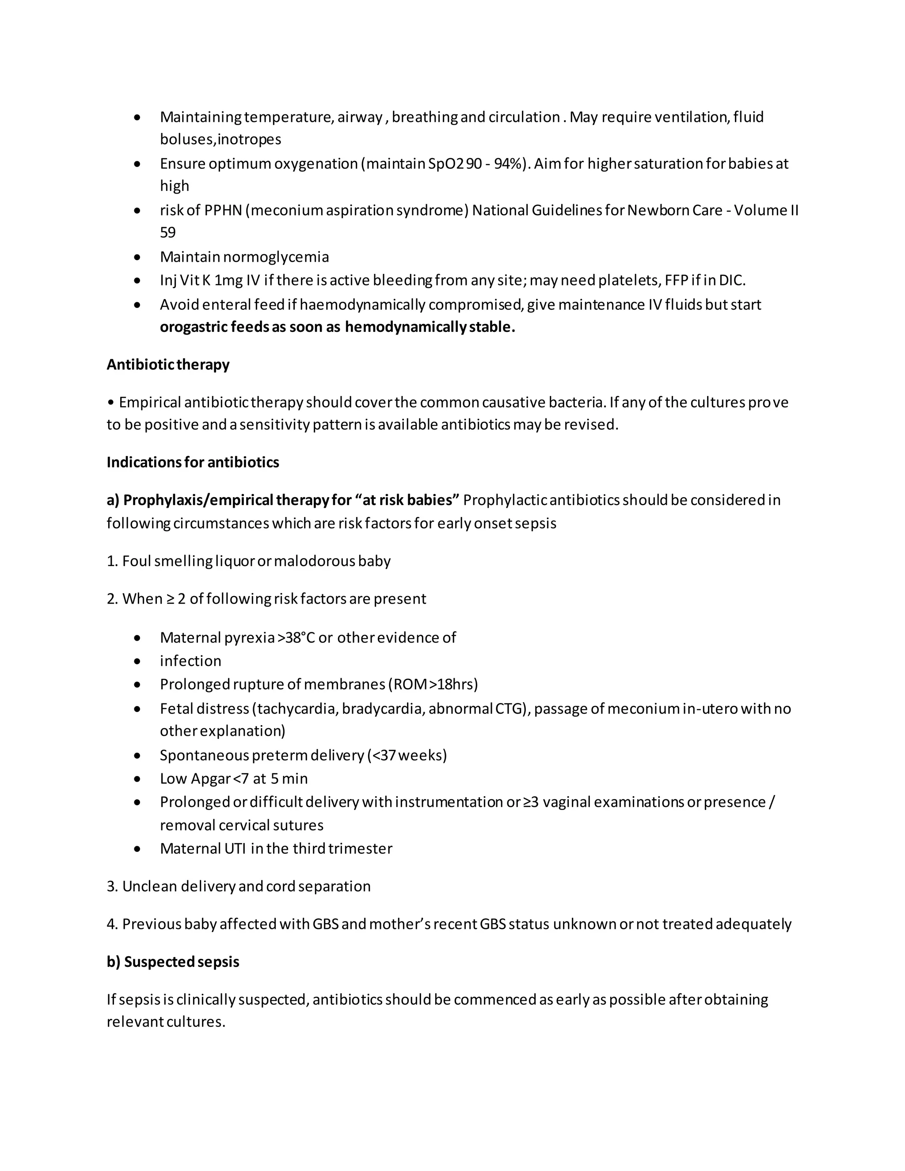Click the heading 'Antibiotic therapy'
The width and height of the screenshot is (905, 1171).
coord(168,365)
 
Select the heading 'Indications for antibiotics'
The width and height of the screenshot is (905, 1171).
coord(193,462)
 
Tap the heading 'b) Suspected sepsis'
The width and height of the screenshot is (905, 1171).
coord(173,962)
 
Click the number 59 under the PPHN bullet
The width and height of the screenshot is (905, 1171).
coord(168,233)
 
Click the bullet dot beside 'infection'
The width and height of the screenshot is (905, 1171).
coord(138,662)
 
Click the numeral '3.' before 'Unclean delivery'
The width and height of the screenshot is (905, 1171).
coord(112,886)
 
